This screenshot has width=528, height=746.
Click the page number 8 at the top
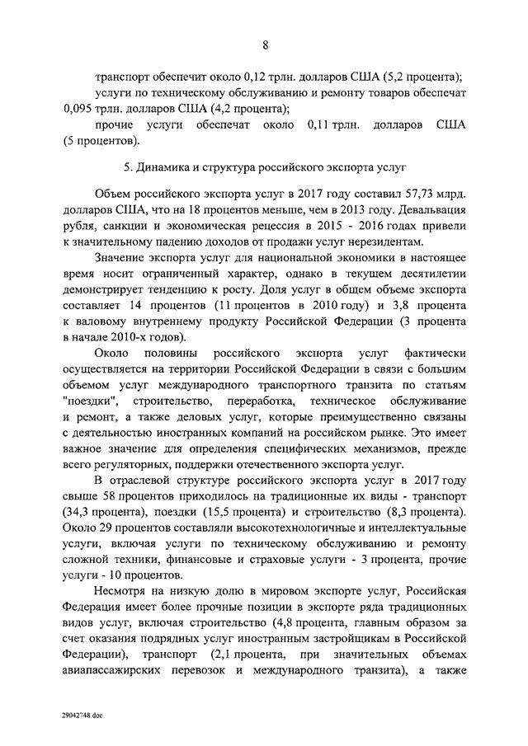[265, 44]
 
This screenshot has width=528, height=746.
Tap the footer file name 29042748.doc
[83, 715]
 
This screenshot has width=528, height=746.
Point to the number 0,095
[79, 109]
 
